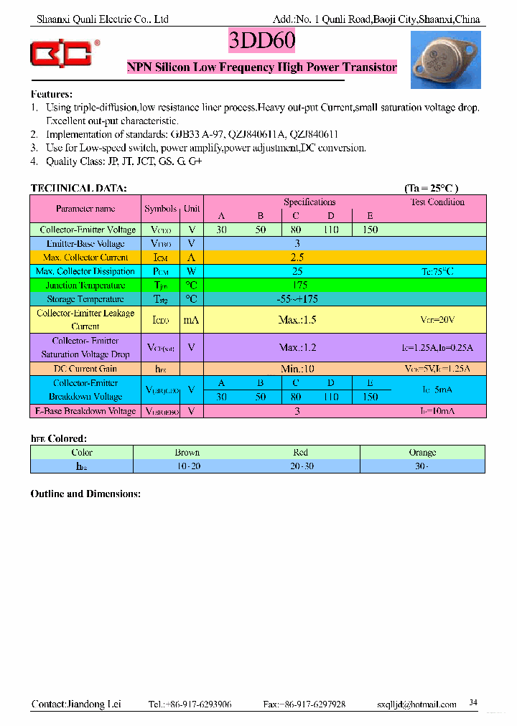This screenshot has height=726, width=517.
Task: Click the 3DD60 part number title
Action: pos(261,42)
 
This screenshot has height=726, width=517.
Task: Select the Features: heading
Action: pos(52,94)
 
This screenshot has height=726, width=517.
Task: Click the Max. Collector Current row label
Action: pos(85,258)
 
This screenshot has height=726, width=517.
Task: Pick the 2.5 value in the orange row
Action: pos(297,258)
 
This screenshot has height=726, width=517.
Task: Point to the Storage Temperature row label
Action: pos(85,299)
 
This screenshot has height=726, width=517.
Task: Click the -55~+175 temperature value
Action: pos(297,299)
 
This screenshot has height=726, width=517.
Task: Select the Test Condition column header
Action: pos(437,202)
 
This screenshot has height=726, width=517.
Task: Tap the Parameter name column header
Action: pos(85,209)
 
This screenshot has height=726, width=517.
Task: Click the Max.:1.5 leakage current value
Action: pos(297,320)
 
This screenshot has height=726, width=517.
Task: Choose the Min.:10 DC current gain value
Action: pos(297,369)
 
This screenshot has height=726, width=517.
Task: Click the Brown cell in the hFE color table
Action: pos(187,453)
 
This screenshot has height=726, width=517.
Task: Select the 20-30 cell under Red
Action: pos(300,466)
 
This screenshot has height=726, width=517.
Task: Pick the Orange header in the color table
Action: pos(422,453)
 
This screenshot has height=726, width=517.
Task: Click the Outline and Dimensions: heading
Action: pos(85,494)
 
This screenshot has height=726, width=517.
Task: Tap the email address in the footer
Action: pos(416,704)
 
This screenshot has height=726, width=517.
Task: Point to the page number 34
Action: pos(472,702)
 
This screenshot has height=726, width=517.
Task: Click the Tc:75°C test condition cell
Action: pos(437,272)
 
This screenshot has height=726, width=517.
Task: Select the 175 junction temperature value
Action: pos(297,286)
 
